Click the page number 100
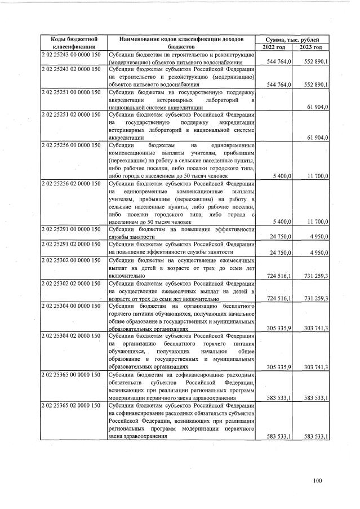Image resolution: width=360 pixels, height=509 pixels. click(x=318, y=480)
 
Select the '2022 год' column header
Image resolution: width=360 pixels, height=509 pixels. click(x=274, y=47)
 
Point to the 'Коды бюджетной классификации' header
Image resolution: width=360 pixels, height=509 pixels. click(x=71, y=43)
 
